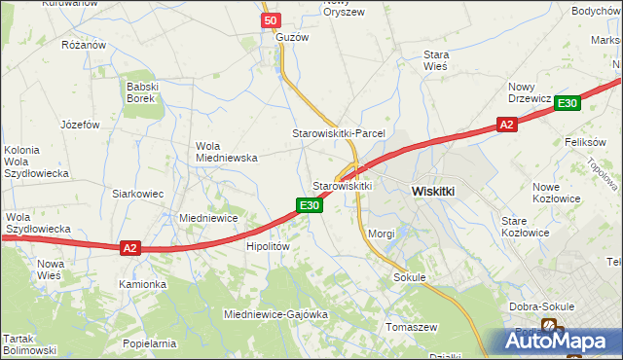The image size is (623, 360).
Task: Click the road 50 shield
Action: point(271,20)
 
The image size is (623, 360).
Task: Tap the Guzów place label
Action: point(292,37)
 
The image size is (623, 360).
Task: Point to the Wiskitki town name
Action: point(433,192)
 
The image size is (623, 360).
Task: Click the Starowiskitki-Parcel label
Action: point(340,132)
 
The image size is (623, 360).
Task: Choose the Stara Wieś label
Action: point(434,61)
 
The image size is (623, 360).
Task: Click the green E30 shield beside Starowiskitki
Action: point(309,204)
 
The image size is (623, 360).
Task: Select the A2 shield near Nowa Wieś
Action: point(130,248)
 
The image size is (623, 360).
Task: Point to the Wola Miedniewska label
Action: point(226,151)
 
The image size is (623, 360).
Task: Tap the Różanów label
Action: point(83,45)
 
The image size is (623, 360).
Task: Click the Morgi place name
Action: point(382,234)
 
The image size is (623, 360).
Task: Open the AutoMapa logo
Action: point(560,342)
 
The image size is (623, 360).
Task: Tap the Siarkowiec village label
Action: point(137,194)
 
